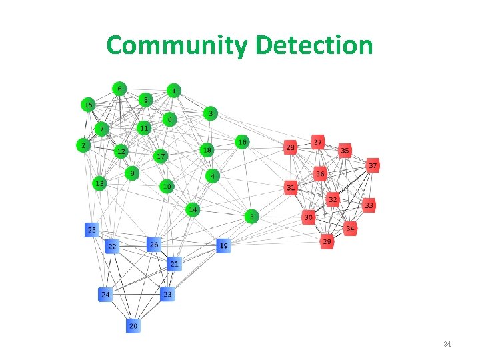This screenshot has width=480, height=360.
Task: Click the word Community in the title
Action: tap(177, 45)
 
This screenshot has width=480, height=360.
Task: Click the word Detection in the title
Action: tap(313, 45)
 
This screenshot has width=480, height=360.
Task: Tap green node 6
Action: tap(119, 88)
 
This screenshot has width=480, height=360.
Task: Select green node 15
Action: tap(88, 105)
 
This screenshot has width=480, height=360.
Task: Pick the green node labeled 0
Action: tap(170, 119)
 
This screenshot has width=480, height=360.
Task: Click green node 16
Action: tap(243, 142)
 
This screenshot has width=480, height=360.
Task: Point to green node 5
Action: tap(251, 217)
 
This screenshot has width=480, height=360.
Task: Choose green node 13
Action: tap(99, 183)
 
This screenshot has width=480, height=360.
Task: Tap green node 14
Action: tap(192, 210)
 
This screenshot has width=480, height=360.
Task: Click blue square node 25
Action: tap(92, 230)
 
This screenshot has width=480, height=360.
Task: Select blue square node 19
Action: tap(223, 246)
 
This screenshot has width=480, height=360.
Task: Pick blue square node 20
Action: tap(133, 326)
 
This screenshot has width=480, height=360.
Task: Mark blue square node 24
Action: tap(105, 294)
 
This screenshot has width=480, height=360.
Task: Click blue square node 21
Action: tap(174, 264)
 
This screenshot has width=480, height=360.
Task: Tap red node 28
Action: tap(290, 147)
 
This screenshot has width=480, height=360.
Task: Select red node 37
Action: tap(373, 165)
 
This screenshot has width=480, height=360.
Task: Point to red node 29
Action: tap(327, 241)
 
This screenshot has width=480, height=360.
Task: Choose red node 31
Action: tap(291, 188)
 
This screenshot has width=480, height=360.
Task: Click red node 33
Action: tap(369, 206)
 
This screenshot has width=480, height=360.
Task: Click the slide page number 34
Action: tap(447, 344)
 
